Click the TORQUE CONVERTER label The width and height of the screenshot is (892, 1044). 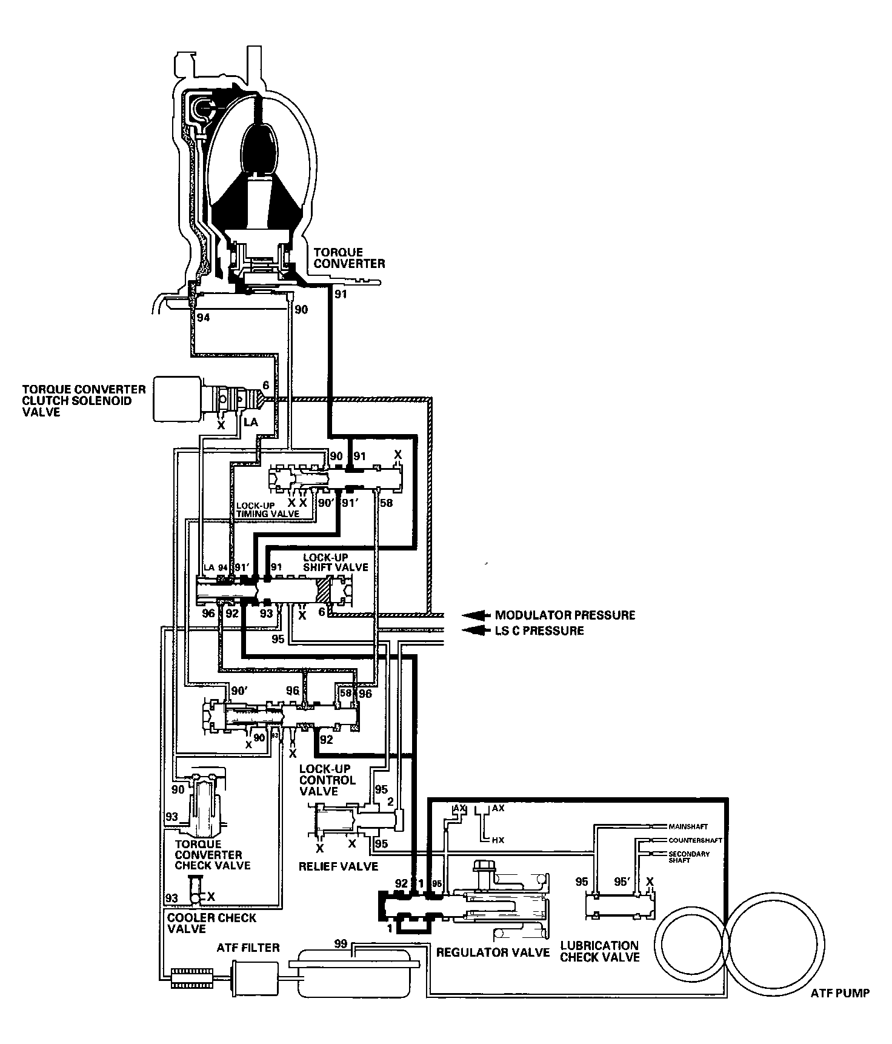pyautogui.click(x=347, y=258)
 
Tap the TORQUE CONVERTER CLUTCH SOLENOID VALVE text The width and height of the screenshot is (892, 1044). pyautogui.click(x=84, y=400)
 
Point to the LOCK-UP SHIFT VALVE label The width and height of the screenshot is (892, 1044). pyautogui.click(x=335, y=562)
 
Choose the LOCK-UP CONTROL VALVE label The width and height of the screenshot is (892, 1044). pyautogui.click(x=327, y=780)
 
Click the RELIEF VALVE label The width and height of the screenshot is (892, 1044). pyautogui.click(x=338, y=866)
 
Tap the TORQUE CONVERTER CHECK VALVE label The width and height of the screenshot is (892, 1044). pyautogui.click(x=212, y=855)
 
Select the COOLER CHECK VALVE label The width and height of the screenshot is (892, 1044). pyautogui.click(x=211, y=923)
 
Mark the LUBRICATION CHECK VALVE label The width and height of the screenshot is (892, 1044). pyautogui.click(x=599, y=951)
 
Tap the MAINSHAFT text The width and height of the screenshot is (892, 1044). pyautogui.click(x=687, y=826)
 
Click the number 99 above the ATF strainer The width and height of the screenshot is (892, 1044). pyautogui.click(x=340, y=943)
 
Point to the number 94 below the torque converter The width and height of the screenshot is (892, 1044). pyautogui.click(x=202, y=317)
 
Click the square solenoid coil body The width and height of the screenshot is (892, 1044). pyautogui.click(x=177, y=398)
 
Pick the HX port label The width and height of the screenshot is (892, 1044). pyautogui.click(x=498, y=840)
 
